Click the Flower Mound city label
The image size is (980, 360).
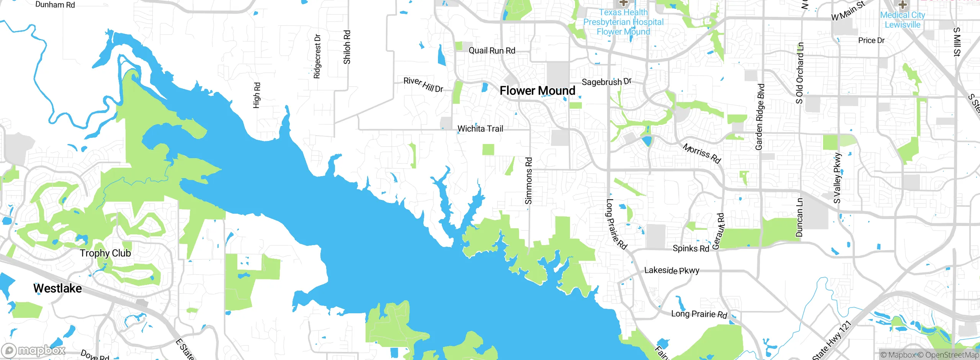coord(537,91)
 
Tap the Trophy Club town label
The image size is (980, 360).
coord(105,253)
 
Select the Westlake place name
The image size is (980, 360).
coord(57,288)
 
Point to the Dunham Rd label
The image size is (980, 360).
coord(55,5)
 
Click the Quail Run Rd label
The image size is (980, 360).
coord(492,51)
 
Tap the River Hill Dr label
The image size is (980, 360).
coord(423,85)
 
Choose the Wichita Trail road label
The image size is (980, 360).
coord(480,129)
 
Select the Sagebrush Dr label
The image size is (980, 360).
coord(606,82)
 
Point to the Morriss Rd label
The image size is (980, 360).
coord(702,153)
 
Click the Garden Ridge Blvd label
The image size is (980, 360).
coord(760,117)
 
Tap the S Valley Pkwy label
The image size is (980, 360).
coord(838,178)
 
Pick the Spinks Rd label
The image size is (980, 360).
coord(691,249)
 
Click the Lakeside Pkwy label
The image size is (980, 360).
coord(671,270)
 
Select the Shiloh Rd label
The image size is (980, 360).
coord(347,47)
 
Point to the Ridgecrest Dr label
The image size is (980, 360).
coord(317,56)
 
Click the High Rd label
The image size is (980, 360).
coord(256,95)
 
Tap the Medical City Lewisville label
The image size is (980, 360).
coord(902,20)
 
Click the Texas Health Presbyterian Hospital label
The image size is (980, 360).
coord(623,22)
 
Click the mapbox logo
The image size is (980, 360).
coord(34,350)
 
